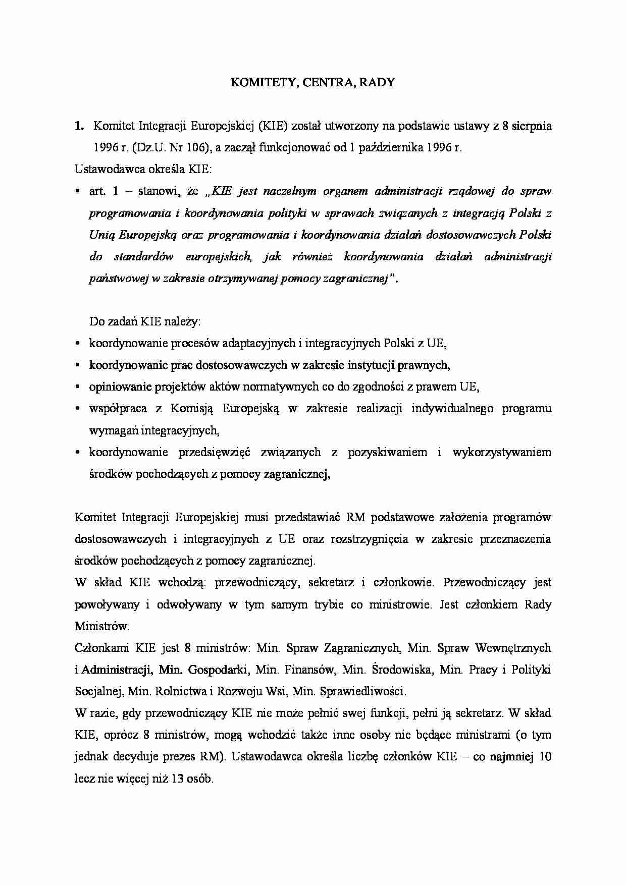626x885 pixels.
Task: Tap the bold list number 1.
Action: coord(78,126)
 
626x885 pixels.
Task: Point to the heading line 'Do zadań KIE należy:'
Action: coord(145,321)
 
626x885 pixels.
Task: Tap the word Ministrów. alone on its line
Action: coord(102,626)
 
